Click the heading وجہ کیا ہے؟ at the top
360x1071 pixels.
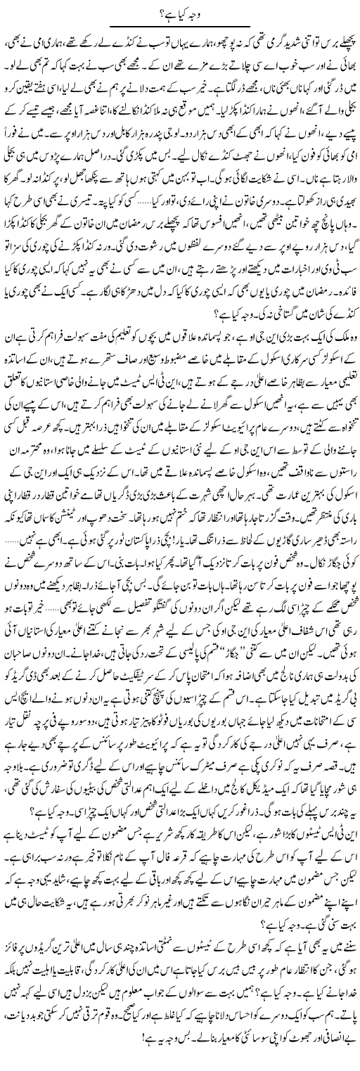[180, 10]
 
